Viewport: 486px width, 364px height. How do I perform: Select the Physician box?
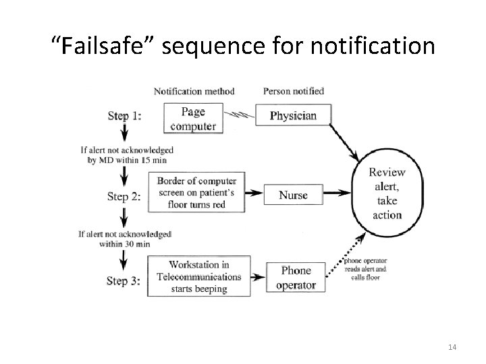[293, 115]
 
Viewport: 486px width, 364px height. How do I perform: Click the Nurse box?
[293, 195]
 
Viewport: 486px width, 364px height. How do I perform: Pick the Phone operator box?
[296, 277]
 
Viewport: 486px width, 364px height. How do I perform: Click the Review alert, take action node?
[387, 193]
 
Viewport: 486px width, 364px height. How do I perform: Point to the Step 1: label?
[124, 116]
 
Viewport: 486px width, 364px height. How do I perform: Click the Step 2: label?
[124, 197]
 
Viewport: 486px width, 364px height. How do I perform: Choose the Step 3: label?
[124, 281]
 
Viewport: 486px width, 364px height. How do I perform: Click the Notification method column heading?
[194, 91]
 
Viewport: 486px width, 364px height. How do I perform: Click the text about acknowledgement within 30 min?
[124, 239]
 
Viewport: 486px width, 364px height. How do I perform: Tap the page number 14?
[452, 346]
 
